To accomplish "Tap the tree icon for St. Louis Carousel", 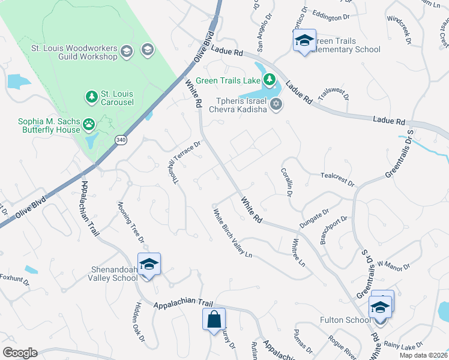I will [92, 97].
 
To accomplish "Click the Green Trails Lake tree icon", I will [270, 80].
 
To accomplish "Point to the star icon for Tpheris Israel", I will [276, 104].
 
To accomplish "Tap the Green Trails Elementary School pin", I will [304, 41].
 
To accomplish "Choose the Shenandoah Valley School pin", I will [149, 264].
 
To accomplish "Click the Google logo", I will [20, 353].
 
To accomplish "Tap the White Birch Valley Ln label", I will [231, 233].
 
